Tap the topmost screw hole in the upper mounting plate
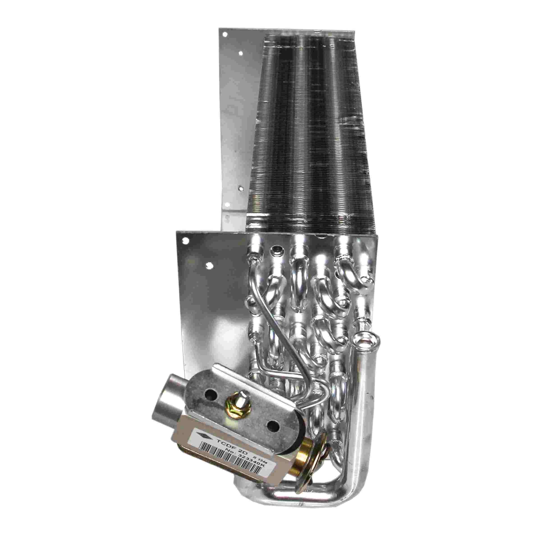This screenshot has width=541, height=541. [x=224, y=35]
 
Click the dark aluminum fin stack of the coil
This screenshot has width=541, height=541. [x=308, y=126]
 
